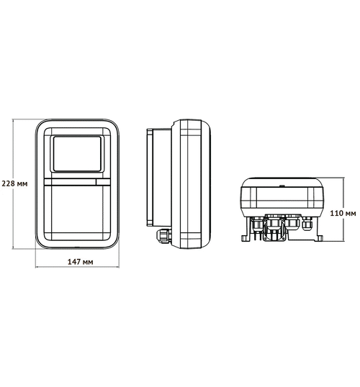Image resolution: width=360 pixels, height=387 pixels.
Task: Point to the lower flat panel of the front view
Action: pyautogui.click(x=78, y=212)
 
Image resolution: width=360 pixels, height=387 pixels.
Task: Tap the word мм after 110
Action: pyautogui.click(x=351, y=214)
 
